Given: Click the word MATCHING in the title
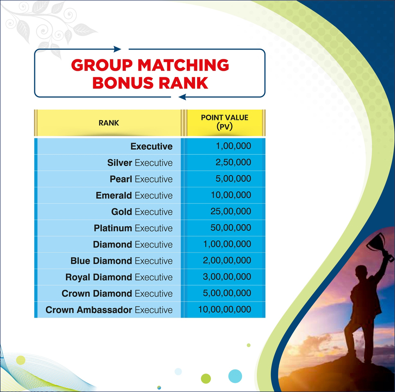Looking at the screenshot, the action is click(x=183, y=65).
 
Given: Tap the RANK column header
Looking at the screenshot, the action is click(x=109, y=123).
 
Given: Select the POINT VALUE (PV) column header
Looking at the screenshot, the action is click(x=224, y=122).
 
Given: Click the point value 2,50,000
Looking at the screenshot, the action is click(x=233, y=162).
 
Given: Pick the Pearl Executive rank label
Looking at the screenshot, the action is click(x=141, y=179).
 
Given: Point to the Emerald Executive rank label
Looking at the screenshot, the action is click(x=134, y=195).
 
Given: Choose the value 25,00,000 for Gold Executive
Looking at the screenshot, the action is click(x=231, y=211).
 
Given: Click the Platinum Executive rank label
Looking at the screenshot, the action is click(x=133, y=228).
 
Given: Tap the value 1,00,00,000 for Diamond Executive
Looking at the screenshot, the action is click(x=227, y=244).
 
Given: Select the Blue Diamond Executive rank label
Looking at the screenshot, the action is click(x=121, y=261).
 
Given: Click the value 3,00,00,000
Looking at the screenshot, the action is click(x=227, y=277).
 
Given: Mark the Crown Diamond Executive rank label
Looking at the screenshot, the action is click(x=117, y=293).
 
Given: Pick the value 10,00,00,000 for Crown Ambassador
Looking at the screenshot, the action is click(x=224, y=309).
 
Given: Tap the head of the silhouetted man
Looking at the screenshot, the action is click(x=361, y=272).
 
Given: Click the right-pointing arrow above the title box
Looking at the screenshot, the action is click(x=117, y=49).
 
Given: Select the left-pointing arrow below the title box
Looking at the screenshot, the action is click(x=182, y=97).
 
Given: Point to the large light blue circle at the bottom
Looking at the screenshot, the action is click(x=235, y=376).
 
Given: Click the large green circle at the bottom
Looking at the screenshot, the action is click(x=206, y=378).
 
